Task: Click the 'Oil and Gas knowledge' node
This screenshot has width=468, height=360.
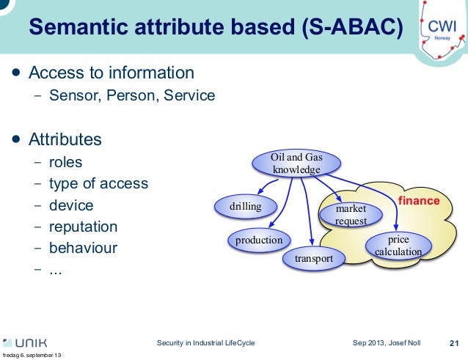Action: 296,164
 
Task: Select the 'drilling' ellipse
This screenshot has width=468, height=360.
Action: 246,207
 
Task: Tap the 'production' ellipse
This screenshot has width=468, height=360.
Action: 259,240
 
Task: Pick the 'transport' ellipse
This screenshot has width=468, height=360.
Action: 314,259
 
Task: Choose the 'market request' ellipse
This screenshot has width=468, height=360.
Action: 351,215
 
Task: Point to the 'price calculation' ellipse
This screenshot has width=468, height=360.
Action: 398,246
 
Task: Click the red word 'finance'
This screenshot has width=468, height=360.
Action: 419,200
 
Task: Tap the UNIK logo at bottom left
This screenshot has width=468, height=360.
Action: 26,343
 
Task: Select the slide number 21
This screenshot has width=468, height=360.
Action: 453,343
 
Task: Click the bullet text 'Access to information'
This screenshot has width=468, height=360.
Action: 111,73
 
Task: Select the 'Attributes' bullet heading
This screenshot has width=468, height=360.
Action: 65,139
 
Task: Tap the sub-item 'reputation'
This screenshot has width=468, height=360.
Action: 83,227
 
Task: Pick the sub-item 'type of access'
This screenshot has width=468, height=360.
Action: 98,183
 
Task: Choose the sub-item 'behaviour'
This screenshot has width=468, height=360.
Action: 83,248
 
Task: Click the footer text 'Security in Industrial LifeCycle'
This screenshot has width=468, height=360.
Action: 206,343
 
